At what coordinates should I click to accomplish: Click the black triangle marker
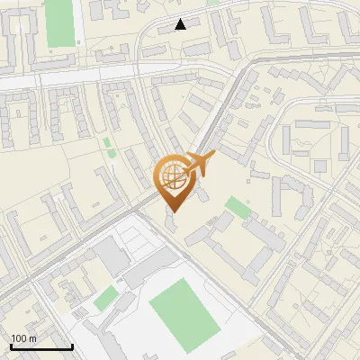pyautogui.click(x=181, y=24)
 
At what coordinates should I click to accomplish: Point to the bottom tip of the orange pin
pyautogui.click(x=172, y=212)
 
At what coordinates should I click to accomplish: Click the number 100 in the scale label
pyautogui.click(x=19, y=338)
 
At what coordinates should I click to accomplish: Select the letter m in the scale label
pyautogui.click(x=33, y=338)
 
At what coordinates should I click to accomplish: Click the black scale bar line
pyautogui.click(x=41, y=346)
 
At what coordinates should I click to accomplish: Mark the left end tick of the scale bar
pyautogui.click(x=11, y=345)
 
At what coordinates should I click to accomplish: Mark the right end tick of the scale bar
pyautogui.click(x=72, y=345)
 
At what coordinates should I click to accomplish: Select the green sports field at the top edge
pyautogui.click(x=59, y=22)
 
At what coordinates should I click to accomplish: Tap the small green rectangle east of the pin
pyautogui.click(x=238, y=208)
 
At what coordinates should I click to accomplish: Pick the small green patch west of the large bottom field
pyautogui.click(x=106, y=298)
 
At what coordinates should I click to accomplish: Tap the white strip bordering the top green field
pyautogui.click(x=78, y=22)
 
